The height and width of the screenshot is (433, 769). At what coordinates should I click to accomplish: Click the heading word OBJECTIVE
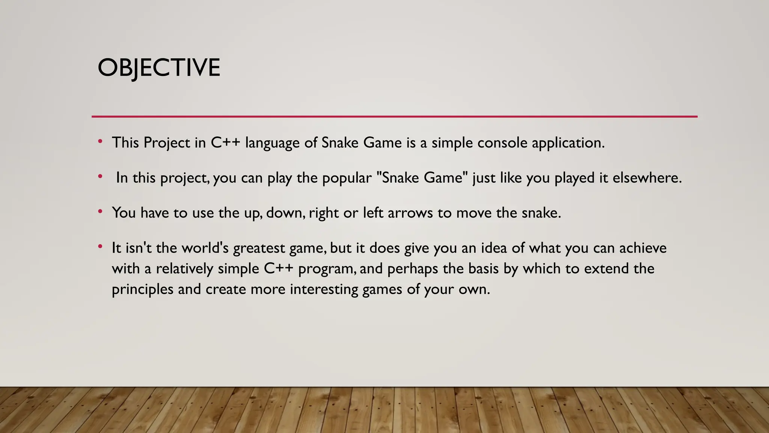(159, 68)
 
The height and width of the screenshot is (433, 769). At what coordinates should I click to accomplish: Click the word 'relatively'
(184, 269)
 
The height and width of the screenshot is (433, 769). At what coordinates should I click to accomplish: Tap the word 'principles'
(142, 289)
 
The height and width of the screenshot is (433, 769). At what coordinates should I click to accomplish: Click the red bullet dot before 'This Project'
(100, 142)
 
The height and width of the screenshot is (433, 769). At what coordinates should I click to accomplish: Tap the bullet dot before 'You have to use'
(100, 212)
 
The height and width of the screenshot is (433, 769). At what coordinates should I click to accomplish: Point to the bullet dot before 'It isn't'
(100, 247)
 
